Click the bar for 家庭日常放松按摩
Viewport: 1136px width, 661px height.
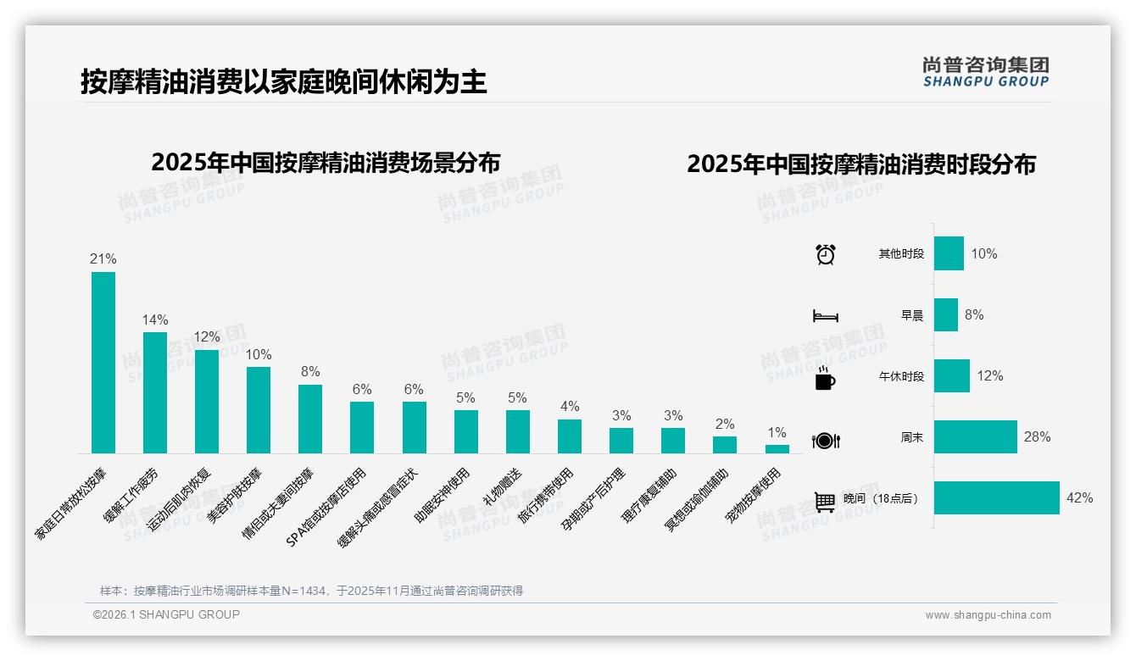(103, 363)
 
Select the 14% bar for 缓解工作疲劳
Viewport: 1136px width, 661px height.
(155, 392)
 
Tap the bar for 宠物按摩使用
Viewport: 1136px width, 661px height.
(777, 449)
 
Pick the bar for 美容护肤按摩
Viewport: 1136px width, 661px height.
(259, 410)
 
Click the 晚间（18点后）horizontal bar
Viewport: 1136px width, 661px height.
(997, 497)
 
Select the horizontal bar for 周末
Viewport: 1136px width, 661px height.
(975, 437)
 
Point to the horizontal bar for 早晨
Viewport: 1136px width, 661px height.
(946, 315)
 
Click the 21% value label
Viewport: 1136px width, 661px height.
(103, 259)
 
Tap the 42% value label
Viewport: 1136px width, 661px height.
(1079, 498)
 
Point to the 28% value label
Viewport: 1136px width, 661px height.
(1037, 437)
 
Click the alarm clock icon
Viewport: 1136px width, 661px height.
(826, 254)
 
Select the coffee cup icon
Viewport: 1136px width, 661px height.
(825, 379)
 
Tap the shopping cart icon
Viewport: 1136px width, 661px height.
(825, 502)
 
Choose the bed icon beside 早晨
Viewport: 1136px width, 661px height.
(825, 316)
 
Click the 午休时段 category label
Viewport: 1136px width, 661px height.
(901, 376)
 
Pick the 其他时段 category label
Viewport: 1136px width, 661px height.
(901, 254)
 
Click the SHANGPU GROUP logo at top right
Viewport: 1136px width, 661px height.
(985, 72)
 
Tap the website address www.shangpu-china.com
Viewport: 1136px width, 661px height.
(988, 615)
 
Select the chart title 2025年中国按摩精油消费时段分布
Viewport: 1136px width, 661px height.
(861, 164)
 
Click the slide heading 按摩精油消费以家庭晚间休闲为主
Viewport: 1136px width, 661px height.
(284, 82)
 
